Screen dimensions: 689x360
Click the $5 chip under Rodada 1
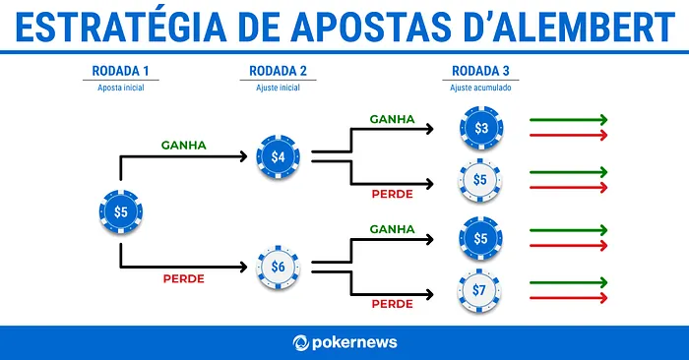coord(120,211)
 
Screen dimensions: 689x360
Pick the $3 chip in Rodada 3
coord(480,128)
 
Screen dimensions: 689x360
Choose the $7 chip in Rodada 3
coord(480,290)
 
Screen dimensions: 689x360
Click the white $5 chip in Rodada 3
coord(480,180)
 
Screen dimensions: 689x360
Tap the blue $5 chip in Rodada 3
coord(480,238)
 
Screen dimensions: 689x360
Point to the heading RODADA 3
coord(481,71)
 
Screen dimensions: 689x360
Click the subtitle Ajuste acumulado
coord(481,88)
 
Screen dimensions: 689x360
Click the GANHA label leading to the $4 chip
coord(184,146)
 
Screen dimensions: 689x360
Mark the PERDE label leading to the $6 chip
coord(183,278)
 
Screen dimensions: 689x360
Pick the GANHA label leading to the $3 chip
coord(392,120)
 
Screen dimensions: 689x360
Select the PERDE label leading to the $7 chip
coord(392,304)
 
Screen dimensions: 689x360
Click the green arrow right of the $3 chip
coord(568,120)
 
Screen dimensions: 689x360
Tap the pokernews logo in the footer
coord(344,342)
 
